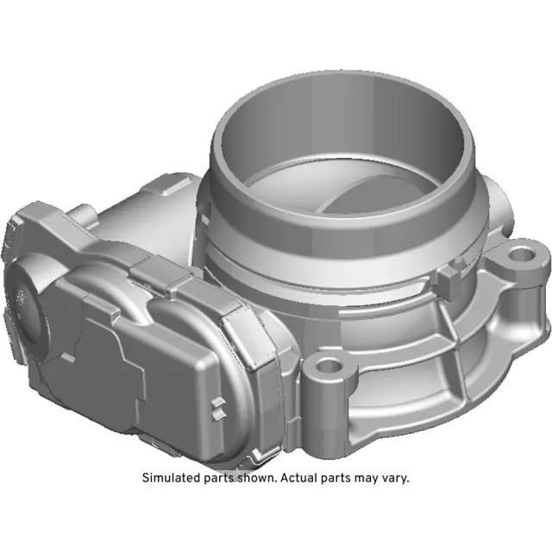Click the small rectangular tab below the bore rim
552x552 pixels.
pyautogui.click(x=448, y=275)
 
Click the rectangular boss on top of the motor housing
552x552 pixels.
pyautogui.click(x=169, y=185)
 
